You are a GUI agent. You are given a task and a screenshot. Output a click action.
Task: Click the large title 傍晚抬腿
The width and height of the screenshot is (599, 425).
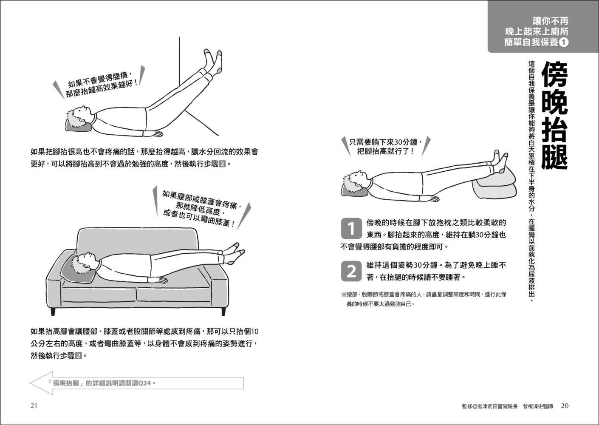click(554, 116)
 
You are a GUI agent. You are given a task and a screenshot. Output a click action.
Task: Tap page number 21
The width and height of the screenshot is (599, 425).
click(34, 406)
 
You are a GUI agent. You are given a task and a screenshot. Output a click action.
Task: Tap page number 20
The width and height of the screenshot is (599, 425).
click(565, 406)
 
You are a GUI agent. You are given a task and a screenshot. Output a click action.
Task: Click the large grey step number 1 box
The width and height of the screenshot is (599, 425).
click(351, 228)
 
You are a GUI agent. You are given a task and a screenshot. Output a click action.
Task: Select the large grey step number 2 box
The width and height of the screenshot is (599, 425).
click(351, 271)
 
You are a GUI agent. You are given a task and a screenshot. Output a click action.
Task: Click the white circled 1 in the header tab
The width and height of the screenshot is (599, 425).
click(564, 42)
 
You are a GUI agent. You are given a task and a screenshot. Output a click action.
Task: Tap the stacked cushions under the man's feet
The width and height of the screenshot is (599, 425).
click(494, 184)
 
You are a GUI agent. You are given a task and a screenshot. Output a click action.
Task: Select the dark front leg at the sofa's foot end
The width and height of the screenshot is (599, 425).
click(223, 312)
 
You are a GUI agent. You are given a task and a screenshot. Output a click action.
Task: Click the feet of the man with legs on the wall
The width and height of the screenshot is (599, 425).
click(213, 61)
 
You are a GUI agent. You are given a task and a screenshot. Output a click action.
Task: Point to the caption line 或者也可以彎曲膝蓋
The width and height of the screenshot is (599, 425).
click(199, 219)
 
